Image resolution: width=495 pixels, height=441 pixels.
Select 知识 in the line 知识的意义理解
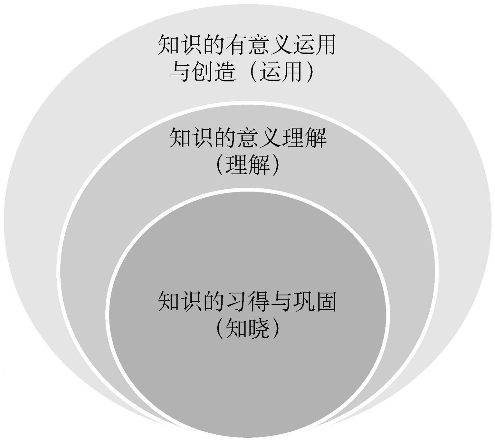191,138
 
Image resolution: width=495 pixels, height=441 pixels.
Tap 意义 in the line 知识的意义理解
258,138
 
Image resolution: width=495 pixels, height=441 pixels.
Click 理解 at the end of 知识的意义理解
304,138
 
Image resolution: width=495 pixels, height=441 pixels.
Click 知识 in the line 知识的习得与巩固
180,301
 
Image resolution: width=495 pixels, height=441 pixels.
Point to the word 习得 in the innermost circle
247,301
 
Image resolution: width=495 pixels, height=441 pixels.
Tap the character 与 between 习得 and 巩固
281,301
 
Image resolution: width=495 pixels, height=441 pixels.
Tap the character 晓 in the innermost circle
259,328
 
